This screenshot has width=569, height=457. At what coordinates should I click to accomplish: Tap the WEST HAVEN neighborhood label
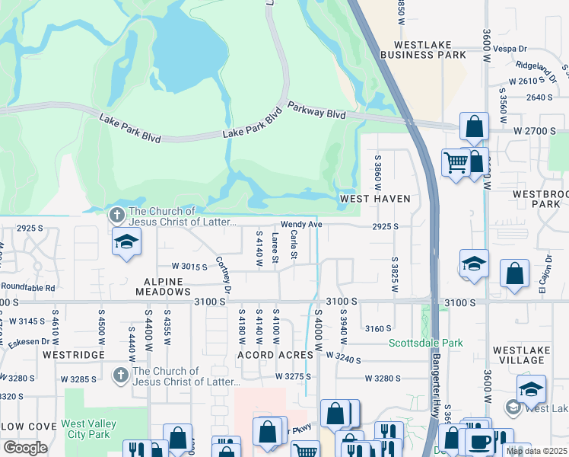click(375, 199)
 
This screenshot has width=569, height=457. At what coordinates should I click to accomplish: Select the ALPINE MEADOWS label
click(163, 285)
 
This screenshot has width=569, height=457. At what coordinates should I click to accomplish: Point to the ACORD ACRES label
click(275, 355)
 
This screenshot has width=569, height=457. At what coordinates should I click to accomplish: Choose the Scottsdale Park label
click(426, 344)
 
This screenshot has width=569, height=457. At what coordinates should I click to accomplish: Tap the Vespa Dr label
click(532, 47)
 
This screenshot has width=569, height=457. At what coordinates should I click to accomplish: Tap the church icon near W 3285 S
click(120, 376)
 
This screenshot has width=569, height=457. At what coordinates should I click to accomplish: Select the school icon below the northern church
click(126, 243)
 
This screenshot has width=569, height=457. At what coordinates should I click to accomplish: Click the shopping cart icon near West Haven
click(455, 162)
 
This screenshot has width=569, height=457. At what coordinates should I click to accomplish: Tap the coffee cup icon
click(479, 441)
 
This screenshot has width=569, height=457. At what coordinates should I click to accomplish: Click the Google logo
click(25, 448)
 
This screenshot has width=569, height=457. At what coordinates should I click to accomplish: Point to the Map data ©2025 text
click(537, 451)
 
